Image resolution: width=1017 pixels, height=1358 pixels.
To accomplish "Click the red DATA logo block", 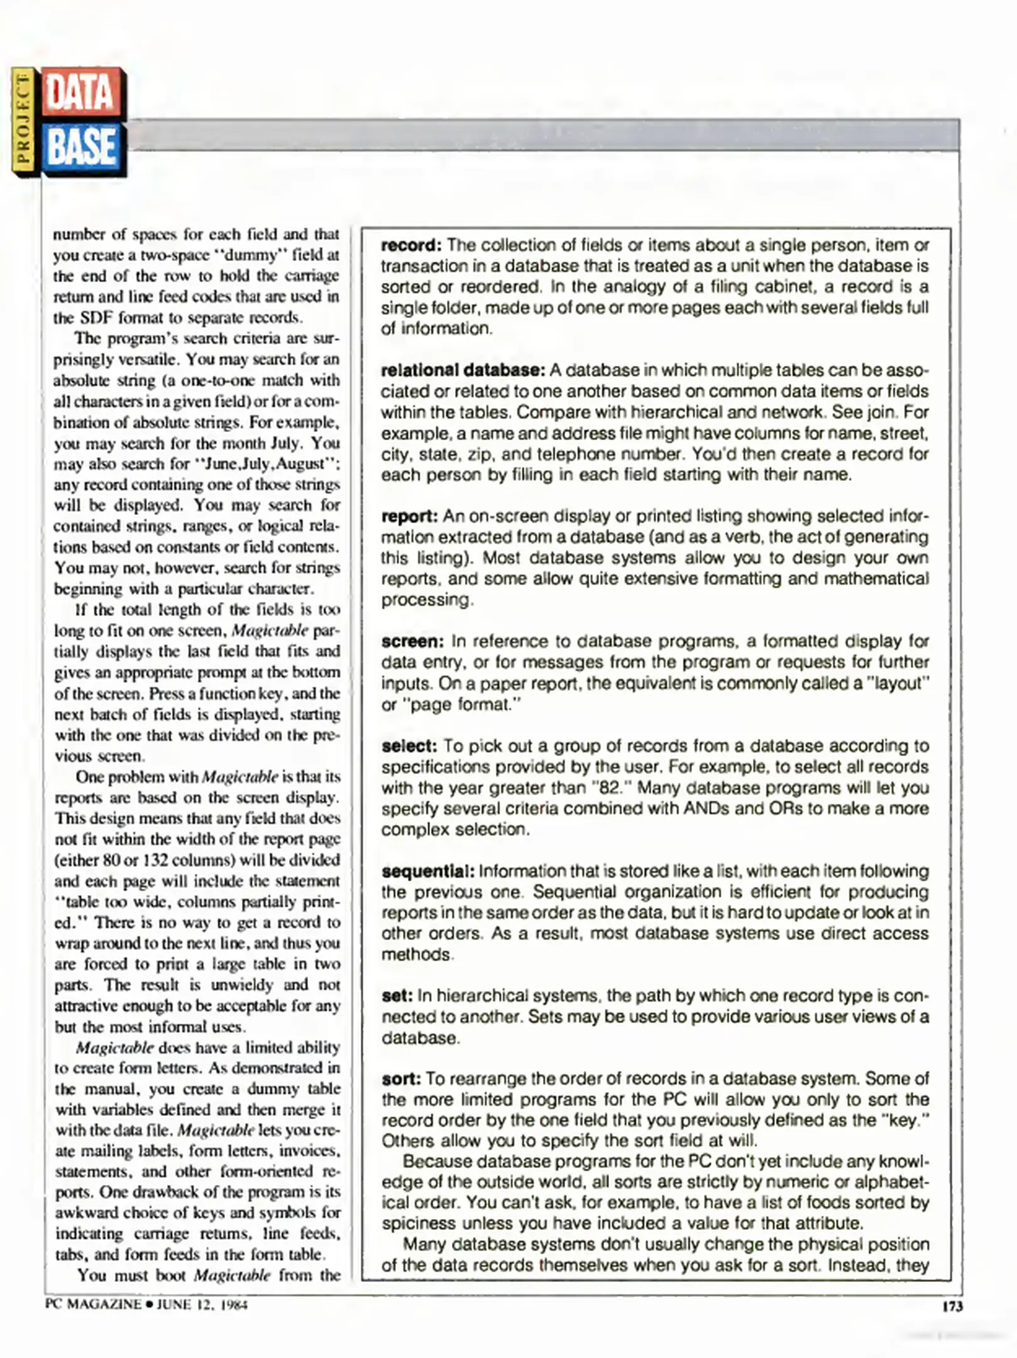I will click(82, 92).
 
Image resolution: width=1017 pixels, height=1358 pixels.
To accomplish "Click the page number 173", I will click(952, 1306).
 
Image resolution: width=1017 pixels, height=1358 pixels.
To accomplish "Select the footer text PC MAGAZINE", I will click(93, 1305).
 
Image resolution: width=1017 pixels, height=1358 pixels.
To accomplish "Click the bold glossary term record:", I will click(412, 245).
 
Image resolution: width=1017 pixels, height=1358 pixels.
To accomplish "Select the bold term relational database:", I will click(463, 370).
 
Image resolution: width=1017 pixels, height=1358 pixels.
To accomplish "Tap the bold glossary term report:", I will click(409, 516).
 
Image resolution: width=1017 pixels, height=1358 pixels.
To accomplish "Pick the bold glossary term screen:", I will click(412, 641).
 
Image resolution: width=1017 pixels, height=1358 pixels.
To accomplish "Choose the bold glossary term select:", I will click(409, 746).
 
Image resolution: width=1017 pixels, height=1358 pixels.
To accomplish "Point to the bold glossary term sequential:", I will click(428, 871).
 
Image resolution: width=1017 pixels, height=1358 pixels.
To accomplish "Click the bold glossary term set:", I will click(397, 996).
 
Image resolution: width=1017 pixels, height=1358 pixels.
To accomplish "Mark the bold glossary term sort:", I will click(401, 1079).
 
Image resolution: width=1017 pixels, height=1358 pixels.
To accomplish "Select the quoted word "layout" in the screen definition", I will click(898, 683).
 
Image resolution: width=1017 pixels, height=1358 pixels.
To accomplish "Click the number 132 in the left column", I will click(151, 860).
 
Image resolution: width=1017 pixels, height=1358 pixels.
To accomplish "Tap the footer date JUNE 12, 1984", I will click(202, 1305).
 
